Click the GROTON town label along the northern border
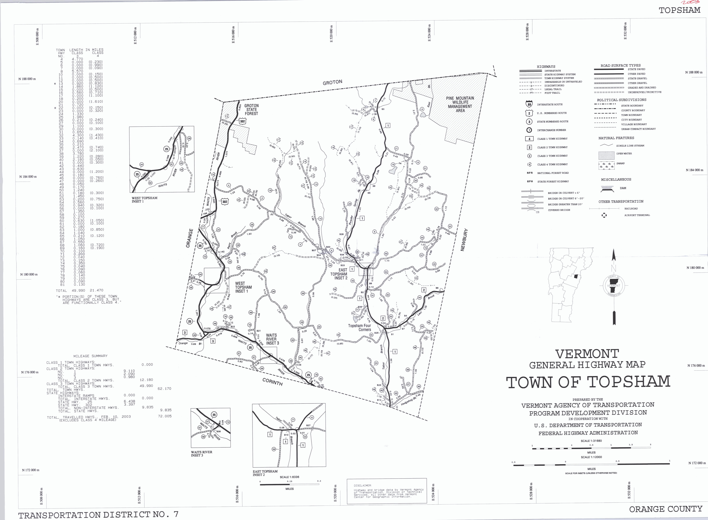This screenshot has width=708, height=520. (x=332, y=82)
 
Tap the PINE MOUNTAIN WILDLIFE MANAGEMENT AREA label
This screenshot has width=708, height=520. (x=460, y=104)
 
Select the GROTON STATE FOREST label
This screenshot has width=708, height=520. (x=251, y=110)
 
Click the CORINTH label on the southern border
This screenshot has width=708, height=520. (x=272, y=382)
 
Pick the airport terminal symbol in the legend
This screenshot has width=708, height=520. (x=604, y=215)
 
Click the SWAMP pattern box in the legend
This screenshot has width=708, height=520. (x=607, y=165)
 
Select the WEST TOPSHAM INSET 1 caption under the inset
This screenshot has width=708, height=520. (x=144, y=200)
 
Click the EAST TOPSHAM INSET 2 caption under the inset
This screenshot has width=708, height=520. (x=265, y=473)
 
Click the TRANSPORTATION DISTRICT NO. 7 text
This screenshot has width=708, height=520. (x=98, y=515)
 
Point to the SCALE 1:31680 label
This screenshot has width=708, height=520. (x=591, y=441)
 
